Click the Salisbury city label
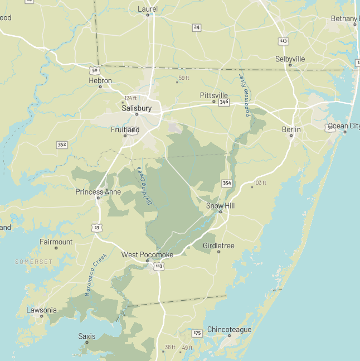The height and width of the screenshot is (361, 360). [x=137, y=108]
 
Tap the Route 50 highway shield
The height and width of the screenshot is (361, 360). [x=95, y=70]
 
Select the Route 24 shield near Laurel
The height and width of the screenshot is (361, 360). [x=197, y=27]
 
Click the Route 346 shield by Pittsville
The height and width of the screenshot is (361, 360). [x=224, y=102]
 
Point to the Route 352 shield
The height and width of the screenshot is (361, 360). [x=62, y=145]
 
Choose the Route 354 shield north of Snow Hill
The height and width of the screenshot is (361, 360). [x=226, y=183]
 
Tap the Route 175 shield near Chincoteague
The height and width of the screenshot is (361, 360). [x=197, y=333]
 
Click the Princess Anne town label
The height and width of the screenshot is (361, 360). [x=98, y=192]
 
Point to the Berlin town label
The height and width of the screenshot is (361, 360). [x=291, y=129]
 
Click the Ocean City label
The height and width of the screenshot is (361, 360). [x=344, y=126]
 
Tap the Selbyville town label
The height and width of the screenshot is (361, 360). [x=290, y=59]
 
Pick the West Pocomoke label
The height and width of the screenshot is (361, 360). [x=147, y=254]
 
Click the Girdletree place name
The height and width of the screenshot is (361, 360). [x=218, y=246]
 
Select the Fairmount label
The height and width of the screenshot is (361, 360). [x=56, y=242]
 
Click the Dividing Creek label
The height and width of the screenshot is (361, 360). [x=145, y=190]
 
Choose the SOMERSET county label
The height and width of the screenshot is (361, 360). [x=33, y=261]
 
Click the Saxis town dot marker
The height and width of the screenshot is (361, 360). [x=87, y=342]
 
